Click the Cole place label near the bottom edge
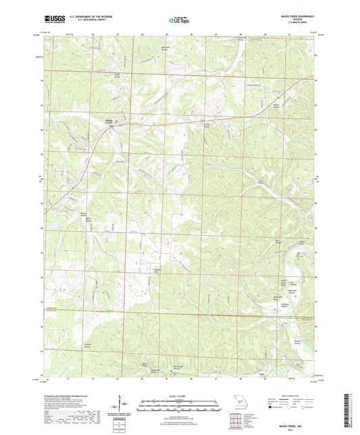click(262, 372)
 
